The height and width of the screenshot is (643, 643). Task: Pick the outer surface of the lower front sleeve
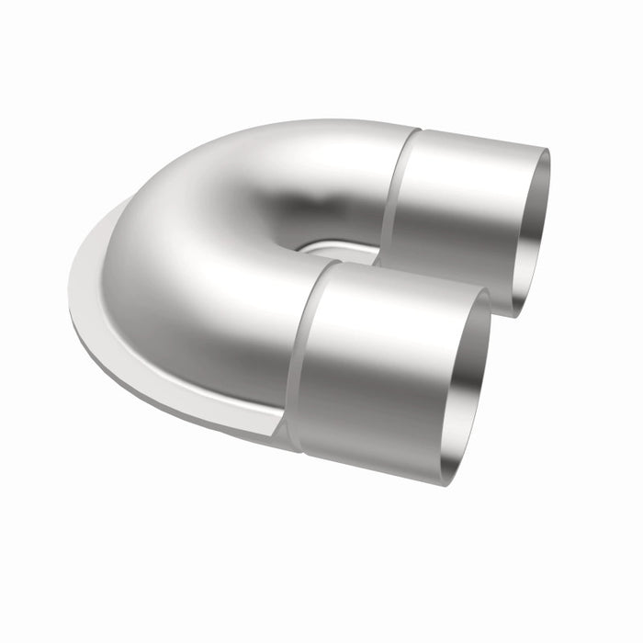377,367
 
